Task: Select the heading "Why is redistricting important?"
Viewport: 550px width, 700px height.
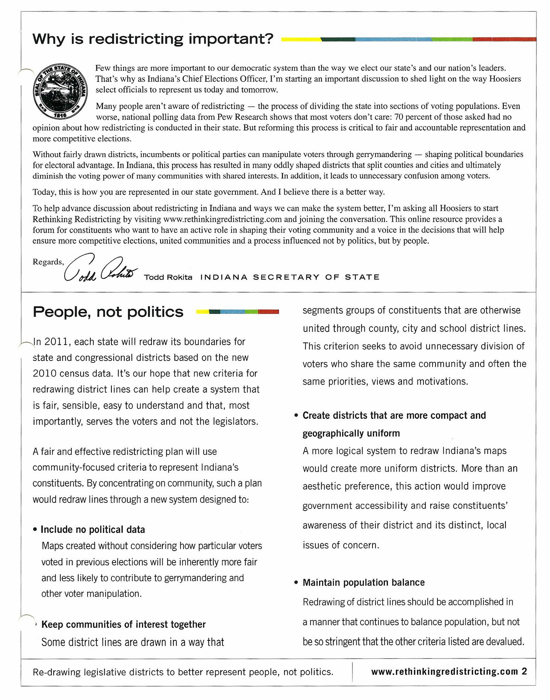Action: (x=153, y=39)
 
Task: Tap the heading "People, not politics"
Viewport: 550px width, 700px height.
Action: (x=108, y=312)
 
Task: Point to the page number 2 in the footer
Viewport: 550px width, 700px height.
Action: (x=524, y=671)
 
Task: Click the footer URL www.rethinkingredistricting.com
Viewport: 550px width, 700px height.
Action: (x=444, y=671)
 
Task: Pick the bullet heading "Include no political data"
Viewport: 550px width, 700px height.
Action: (x=93, y=529)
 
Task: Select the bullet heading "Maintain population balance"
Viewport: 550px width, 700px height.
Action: (x=363, y=582)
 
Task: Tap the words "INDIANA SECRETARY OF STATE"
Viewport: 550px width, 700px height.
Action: (x=290, y=277)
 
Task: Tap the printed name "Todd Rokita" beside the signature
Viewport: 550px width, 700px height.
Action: (x=168, y=277)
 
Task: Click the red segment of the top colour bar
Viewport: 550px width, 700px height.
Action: (x=504, y=39)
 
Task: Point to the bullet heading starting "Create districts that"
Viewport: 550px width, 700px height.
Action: (x=394, y=415)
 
